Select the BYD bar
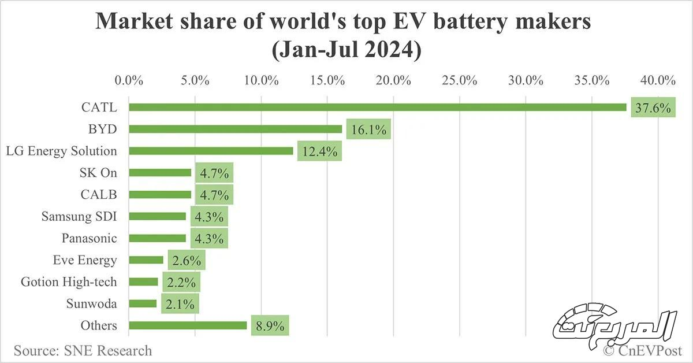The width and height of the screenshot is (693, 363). pos(235,129)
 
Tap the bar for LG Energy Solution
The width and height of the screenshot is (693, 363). pos(211,151)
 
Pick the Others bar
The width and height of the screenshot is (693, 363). pos(188,325)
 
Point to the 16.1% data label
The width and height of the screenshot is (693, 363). pos(370,129)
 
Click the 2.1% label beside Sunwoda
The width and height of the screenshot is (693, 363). pos(180,304)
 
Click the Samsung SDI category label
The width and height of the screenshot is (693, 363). pos(79,216)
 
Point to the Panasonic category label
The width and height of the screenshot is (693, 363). pos(89,238)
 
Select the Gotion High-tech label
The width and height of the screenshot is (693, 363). pos(69,282)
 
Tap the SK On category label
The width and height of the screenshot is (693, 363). pos(98,172)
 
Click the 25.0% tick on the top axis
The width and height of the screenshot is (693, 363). pos(459,80)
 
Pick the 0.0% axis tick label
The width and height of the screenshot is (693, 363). pos(129,80)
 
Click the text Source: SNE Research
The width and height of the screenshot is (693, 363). pos(83,350)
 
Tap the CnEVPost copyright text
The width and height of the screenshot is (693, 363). pos(643,350)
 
